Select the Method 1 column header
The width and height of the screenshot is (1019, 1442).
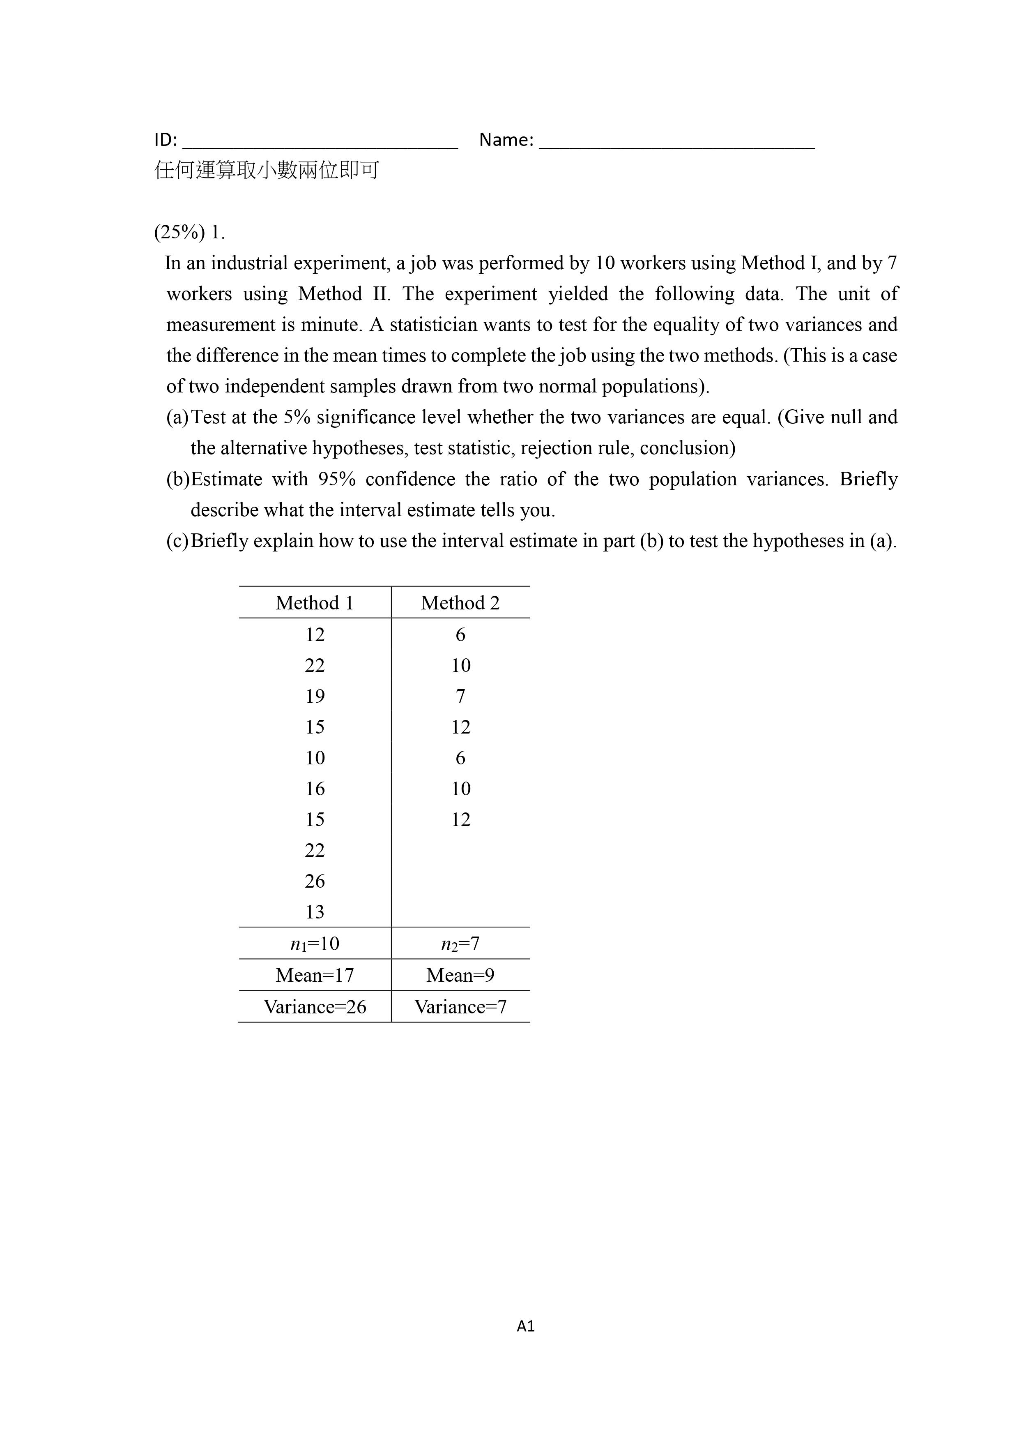[x=315, y=603]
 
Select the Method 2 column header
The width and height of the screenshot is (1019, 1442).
[x=460, y=603]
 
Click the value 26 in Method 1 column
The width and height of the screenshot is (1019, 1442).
[x=315, y=881]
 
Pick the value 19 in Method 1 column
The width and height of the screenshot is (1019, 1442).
[x=315, y=696]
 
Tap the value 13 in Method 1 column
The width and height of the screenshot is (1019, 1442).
[x=315, y=912]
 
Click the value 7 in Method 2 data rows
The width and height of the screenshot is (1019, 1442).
[x=460, y=696]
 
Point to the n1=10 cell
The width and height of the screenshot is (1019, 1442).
[x=315, y=944]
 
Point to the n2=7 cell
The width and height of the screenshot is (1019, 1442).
[x=460, y=944]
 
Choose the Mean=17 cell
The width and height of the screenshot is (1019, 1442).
[x=315, y=975]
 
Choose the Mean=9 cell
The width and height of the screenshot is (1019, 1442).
[x=460, y=975]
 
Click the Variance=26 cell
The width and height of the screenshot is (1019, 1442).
[x=315, y=1007]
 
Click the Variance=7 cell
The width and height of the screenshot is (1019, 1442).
[x=460, y=1007]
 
